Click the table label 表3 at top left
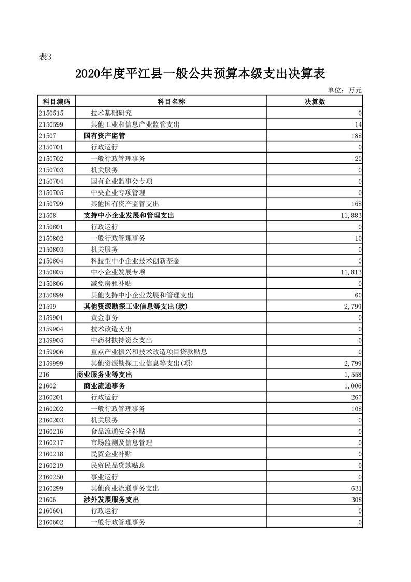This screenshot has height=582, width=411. coord(46,57)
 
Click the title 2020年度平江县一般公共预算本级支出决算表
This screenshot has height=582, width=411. coord(200,74)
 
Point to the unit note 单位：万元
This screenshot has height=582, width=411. coord(345,90)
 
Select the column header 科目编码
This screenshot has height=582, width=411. coord(56,102)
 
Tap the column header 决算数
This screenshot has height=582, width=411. coord(315,102)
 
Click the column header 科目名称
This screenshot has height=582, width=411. coord(171,102)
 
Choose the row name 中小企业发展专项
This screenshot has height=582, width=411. coord(118,272)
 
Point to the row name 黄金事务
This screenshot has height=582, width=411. coord(104,317)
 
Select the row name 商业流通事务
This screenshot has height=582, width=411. coord(105,386)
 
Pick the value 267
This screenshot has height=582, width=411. coord(356,397)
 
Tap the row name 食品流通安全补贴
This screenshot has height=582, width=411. coord(118,432)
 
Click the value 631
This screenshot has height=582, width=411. coord(356,488)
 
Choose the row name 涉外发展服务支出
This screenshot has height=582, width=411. coord(111,500)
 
